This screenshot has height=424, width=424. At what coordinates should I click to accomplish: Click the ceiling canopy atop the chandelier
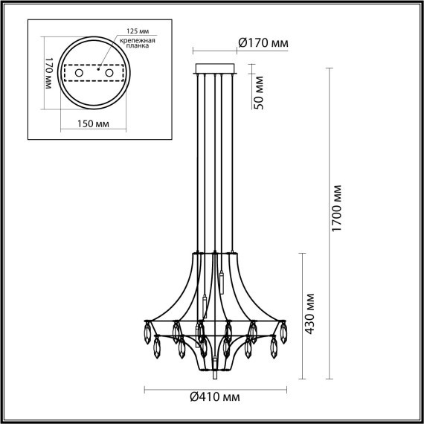pos(214,70)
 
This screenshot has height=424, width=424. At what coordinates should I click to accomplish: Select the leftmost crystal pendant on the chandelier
pos(147,331)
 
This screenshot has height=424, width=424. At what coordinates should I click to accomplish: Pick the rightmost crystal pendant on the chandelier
pos(283,331)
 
